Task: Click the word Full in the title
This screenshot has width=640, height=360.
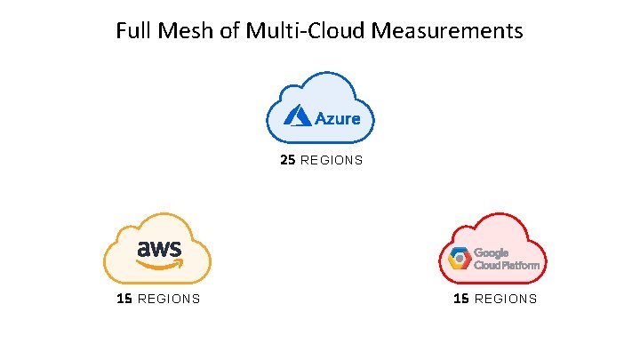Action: coord(133,32)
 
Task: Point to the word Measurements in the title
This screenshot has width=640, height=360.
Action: coord(448,32)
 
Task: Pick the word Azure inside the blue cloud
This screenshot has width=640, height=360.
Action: coord(337,117)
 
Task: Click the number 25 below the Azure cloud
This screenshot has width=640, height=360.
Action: coord(287,161)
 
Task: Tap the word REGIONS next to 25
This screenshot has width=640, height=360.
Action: coord(332,161)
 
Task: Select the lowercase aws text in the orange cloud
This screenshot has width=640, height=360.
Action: coord(159,248)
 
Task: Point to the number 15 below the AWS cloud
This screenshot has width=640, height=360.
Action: coord(124,299)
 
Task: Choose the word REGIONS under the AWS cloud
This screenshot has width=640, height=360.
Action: coord(169,299)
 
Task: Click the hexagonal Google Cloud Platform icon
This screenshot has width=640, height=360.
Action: coord(459,259)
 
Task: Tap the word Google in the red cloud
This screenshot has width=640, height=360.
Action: coord(492,252)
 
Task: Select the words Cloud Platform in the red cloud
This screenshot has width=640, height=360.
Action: coord(506,265)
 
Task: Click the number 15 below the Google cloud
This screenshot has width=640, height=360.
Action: coord(461,299)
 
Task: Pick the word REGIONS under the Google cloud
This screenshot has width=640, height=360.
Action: coord(506,299)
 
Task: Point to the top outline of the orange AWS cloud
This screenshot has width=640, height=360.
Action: coord(160,214)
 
